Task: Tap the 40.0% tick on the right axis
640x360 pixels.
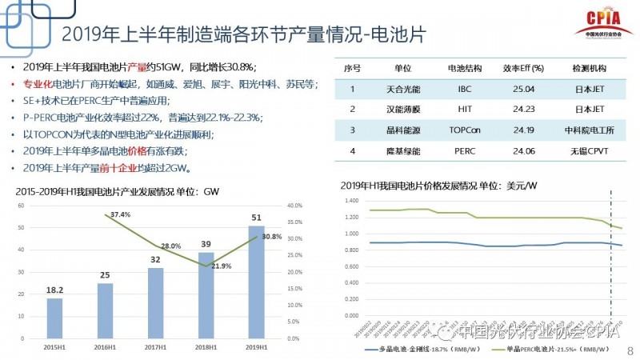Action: (x=295, y=206)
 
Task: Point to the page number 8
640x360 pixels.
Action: (x=629, y=350)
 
